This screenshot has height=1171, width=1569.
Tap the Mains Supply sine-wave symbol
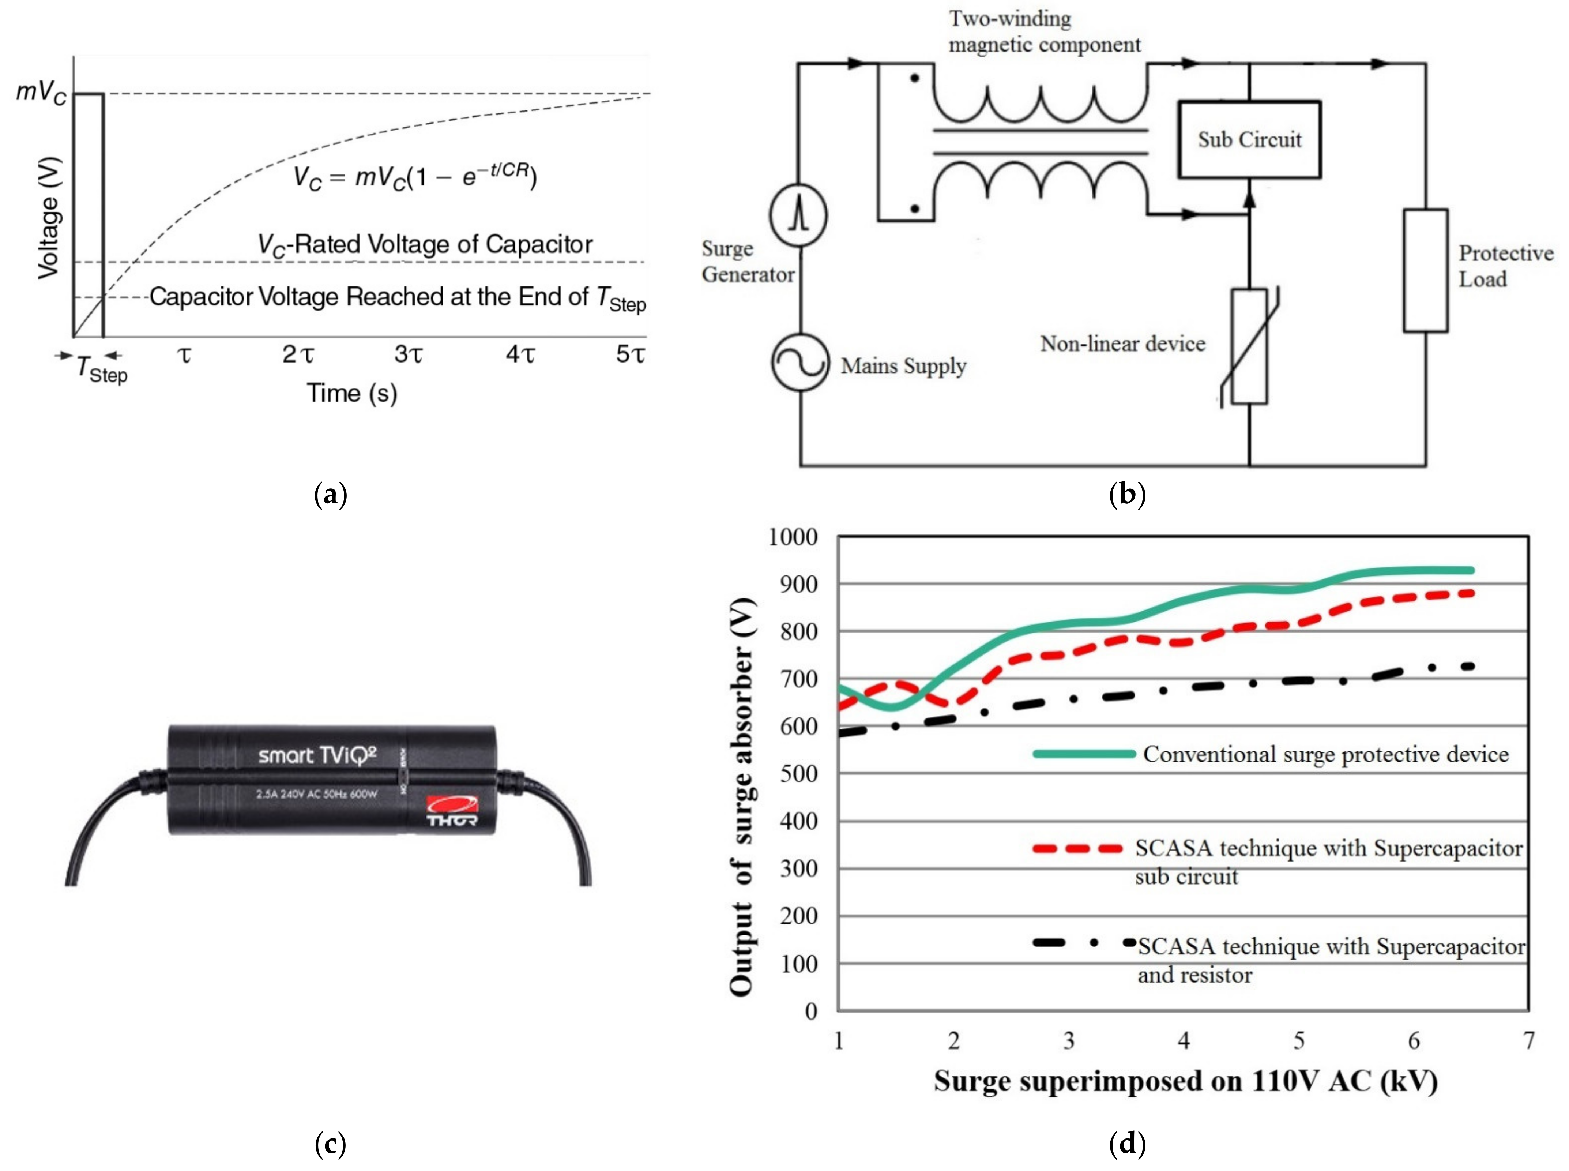800,363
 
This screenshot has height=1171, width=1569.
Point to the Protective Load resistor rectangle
1425,270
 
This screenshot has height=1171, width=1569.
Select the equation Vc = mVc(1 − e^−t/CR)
415,176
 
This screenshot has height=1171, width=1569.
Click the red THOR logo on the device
451,810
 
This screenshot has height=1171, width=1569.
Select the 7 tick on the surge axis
1529,1040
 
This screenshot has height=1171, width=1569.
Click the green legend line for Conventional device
1084,754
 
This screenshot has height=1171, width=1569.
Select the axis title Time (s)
351,393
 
